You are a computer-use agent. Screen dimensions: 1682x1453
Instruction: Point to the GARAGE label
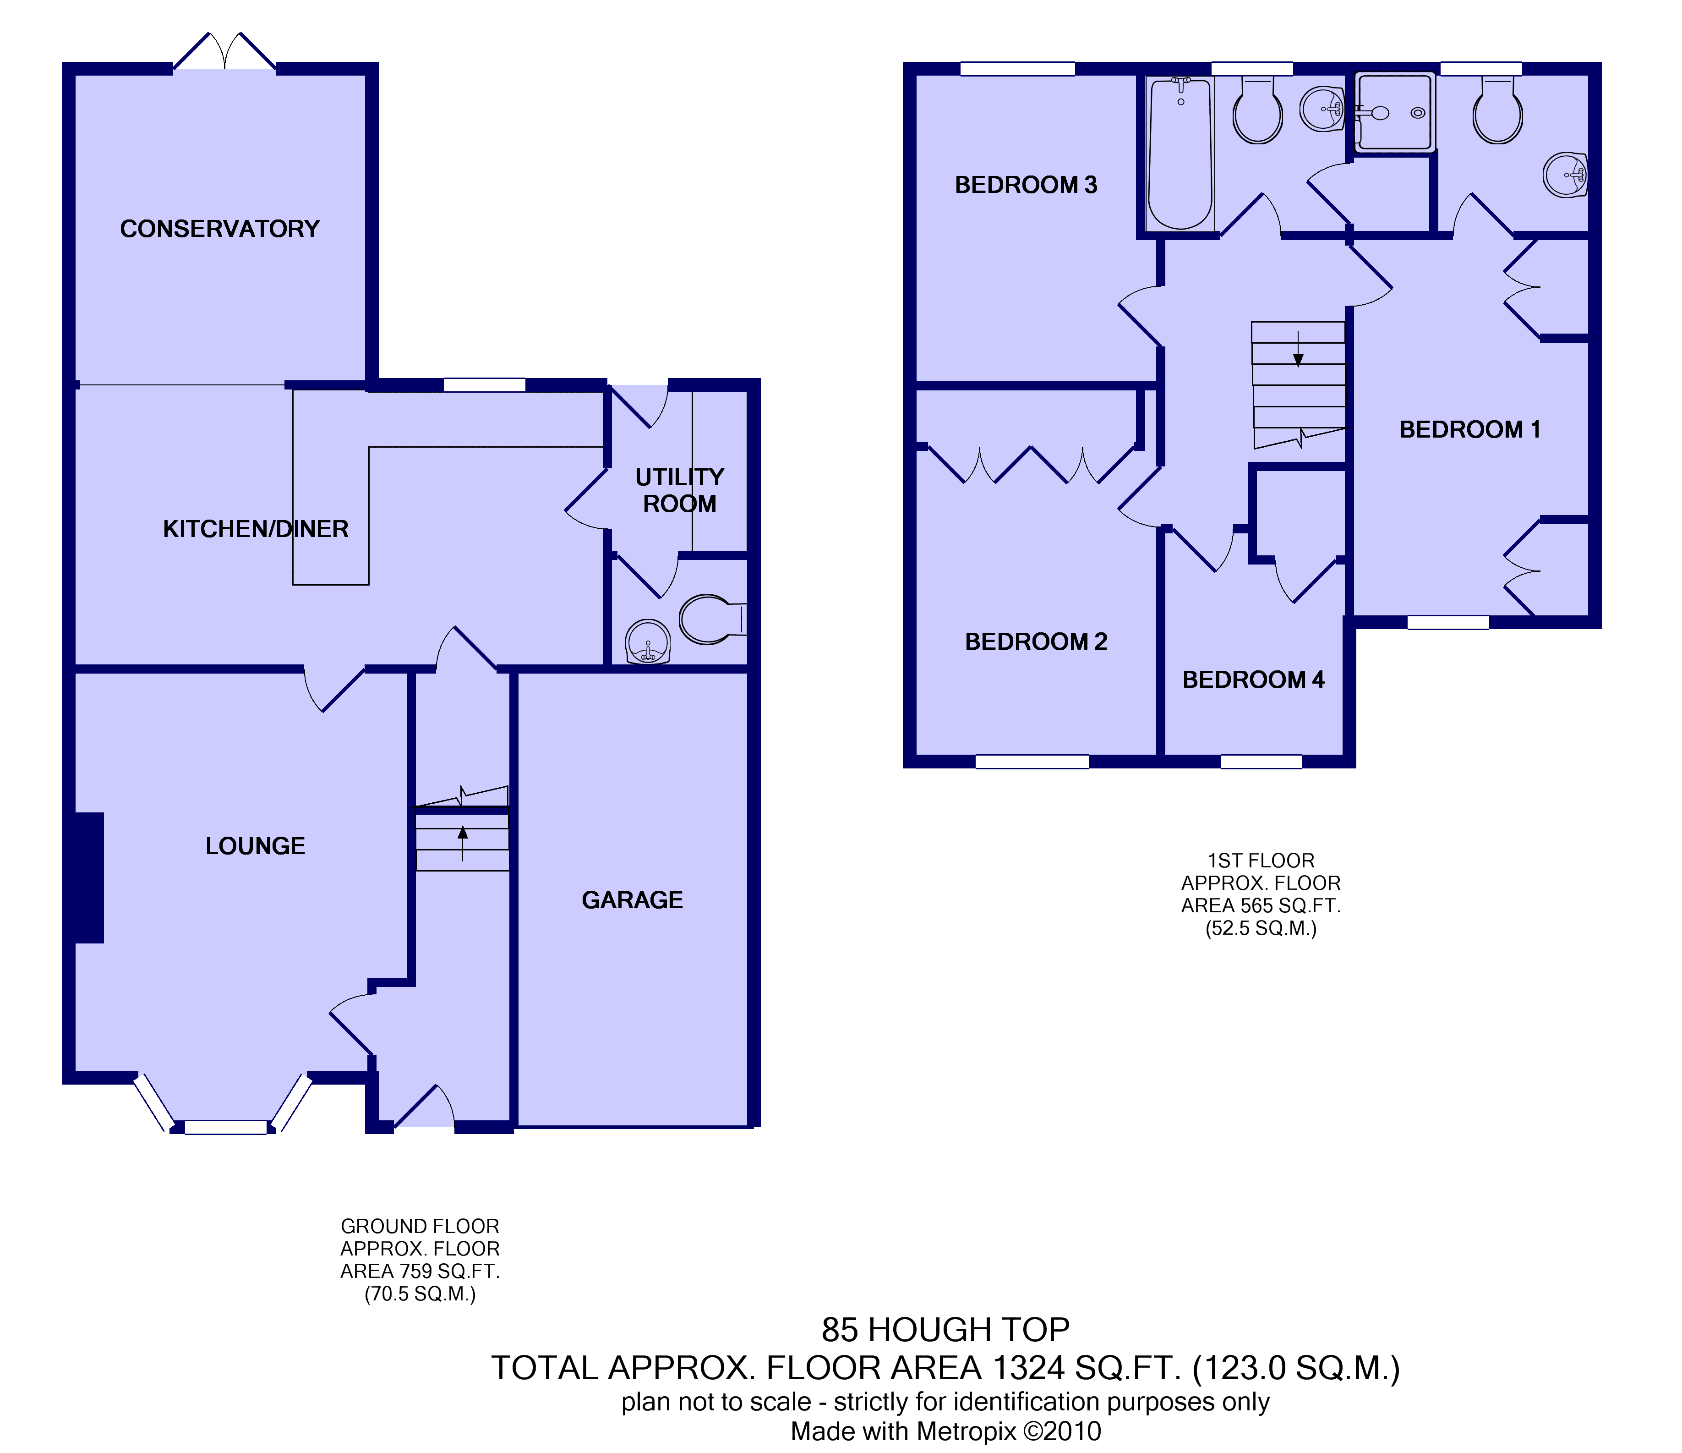click(x=633, y=900)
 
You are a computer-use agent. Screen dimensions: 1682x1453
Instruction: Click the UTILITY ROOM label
click(x=679, y=491)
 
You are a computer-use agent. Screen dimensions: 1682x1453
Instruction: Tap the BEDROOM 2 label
click(x=1036, y=642)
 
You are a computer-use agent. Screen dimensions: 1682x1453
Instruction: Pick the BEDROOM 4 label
click(x=1253, y=680)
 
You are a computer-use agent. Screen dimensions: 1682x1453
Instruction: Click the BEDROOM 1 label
click(x=1470, y=430)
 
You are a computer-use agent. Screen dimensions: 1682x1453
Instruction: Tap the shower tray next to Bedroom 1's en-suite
click(x=1395, y=112)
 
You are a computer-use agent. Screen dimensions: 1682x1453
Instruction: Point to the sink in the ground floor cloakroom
click(x=648, y=642)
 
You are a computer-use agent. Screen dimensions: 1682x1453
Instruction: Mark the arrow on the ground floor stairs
click(x=463, y=843)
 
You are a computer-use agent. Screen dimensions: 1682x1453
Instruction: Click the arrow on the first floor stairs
click(x=1298, y=349)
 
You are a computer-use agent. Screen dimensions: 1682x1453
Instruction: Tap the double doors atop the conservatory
click(x=225, y=51)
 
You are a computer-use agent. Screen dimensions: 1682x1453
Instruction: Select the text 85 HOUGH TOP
click(x=946, y=1330)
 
